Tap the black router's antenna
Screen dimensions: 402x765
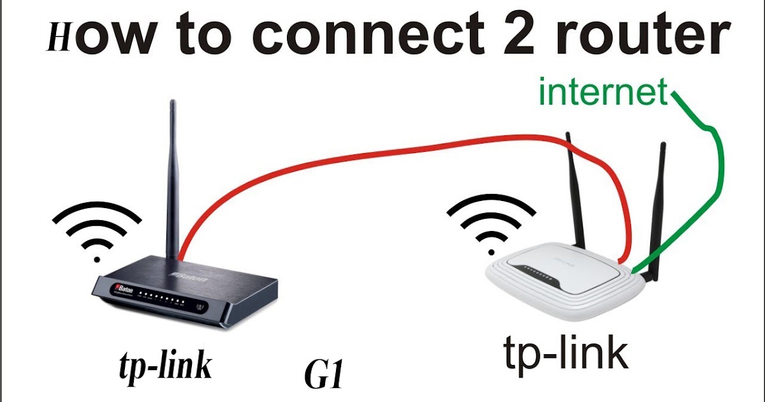point(171,179)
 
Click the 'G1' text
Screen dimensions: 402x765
point(324,378)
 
